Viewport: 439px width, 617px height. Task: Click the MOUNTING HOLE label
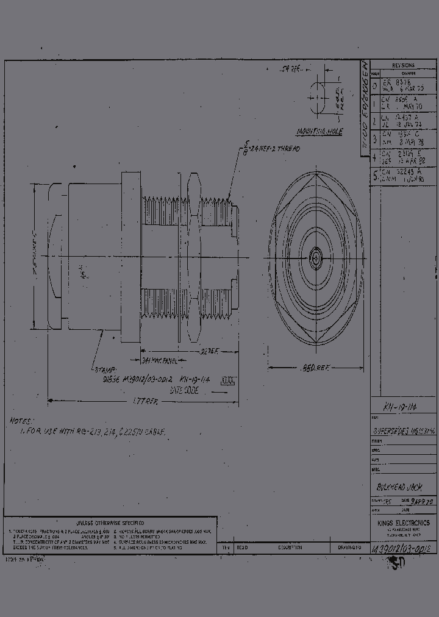319,132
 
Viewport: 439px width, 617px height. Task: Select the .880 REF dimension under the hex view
314,368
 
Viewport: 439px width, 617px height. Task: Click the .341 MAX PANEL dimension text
160,361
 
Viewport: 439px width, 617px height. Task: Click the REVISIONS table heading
402,65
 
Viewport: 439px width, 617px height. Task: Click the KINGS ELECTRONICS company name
402,523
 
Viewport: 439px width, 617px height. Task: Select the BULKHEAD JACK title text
399,487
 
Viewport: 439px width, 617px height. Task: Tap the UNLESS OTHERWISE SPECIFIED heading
110,522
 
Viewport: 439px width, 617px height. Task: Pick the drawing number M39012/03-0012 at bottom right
402,549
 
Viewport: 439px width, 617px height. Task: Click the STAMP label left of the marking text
102,370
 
